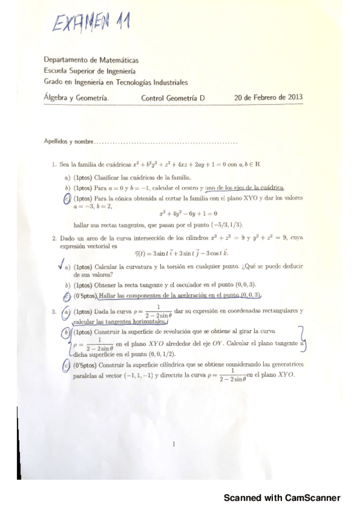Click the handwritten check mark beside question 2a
(x=58, y=265)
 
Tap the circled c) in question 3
(x=66, y=365)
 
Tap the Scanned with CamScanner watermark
(x=282, y=498)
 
